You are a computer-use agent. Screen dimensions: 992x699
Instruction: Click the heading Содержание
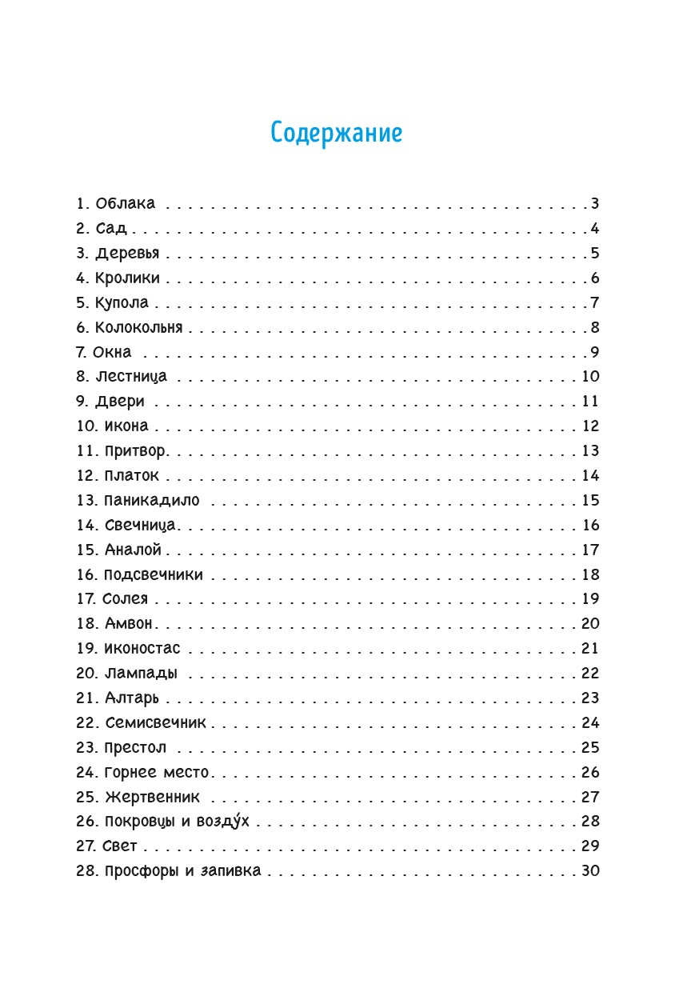(336, 133)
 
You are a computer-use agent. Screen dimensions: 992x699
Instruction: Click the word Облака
(126, 203)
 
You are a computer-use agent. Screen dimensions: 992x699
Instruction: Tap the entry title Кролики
(128, 278)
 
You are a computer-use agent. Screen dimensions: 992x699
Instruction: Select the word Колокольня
(139, 328)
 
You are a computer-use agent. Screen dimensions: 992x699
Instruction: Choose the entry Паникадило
(152, 502)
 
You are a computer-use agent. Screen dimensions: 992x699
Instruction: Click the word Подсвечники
(154, 575)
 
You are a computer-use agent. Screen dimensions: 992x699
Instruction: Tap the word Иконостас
(142, 649)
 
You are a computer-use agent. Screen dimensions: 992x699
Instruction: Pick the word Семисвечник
(155, 723)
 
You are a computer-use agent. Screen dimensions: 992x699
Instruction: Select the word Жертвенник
(152, 798)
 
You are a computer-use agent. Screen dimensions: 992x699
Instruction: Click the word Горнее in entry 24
(128, 773)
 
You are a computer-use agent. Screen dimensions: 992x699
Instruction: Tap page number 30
(590, 871)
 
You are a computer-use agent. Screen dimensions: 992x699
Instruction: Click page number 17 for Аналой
(590, 550)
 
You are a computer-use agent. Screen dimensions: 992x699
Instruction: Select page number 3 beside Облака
(595, 203)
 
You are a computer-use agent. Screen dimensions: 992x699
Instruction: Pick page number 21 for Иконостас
(589, 649)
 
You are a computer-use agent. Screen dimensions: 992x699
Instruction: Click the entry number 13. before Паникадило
(86, 502)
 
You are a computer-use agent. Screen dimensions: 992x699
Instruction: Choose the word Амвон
(128, 624)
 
